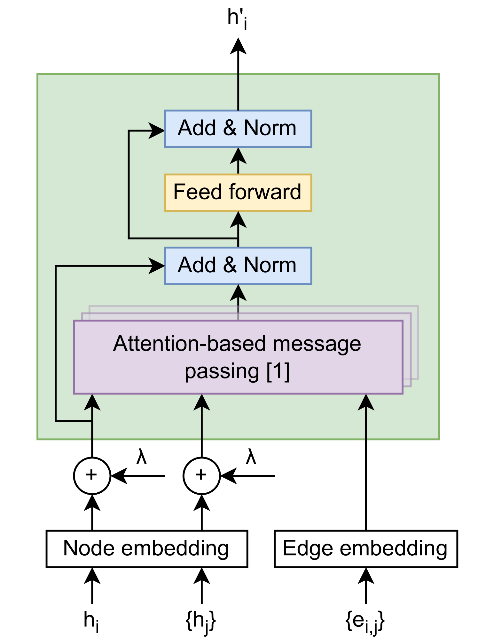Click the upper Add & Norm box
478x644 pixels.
tap(238, 129)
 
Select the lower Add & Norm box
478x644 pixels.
tap(238, 266)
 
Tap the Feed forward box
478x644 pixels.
tap(238, 193)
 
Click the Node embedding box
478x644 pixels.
tap(146, 549)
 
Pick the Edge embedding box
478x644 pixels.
tap(365, 549)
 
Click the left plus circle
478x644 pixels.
tap(92, 475)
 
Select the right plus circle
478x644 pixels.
tap(201, 475)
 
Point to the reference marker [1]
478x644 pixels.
tap(278, 371)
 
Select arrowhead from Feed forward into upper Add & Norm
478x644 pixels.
tap(238, 156)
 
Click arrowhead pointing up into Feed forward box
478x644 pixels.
tap(238, 220)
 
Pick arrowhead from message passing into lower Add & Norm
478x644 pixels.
tap(238, 293)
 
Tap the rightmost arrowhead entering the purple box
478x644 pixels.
tap(366, 402)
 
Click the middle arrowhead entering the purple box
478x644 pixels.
tap(202, 402)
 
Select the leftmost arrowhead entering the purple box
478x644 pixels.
tap(92, 402)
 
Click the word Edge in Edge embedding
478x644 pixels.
tap(308, 549)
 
